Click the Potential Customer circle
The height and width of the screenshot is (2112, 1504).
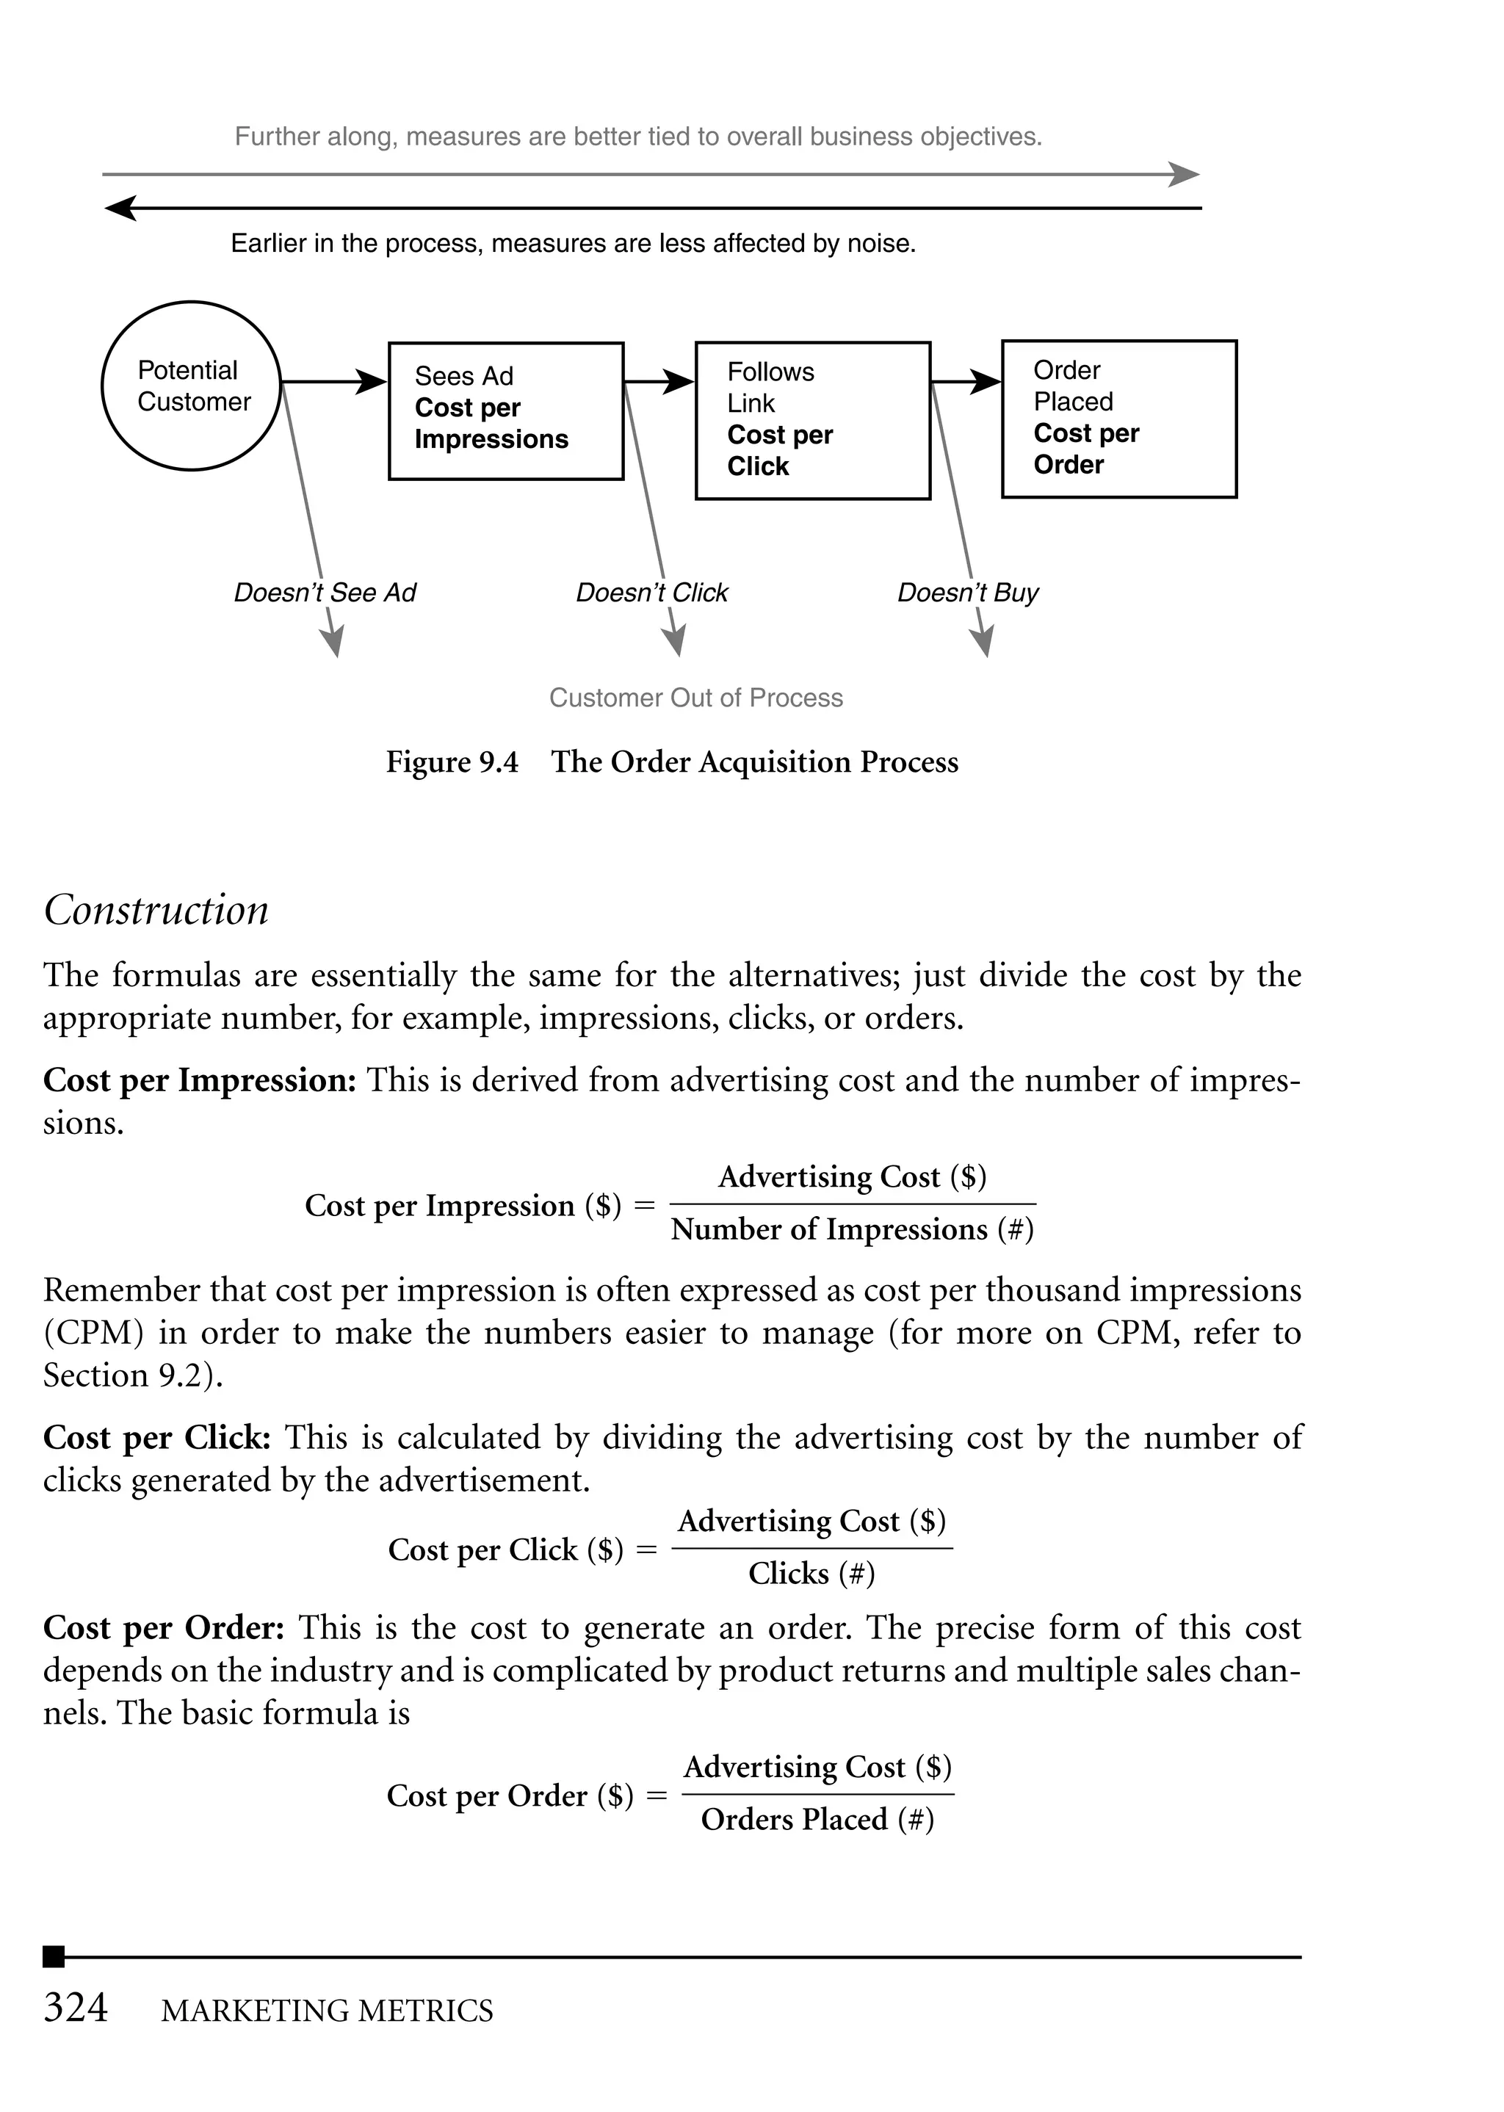(x=191, y=386)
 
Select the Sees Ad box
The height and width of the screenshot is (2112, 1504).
(x=506, y=411)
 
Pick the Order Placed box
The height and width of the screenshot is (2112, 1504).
(x=1118, y=419)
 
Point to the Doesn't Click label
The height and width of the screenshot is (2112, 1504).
(x=651, y=593)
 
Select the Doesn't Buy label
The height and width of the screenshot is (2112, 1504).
(x=967, y=593)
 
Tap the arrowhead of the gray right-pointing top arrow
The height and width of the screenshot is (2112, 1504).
(x=1185, y=174)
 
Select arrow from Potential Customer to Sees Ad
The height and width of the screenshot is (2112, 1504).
(x=333, y=381)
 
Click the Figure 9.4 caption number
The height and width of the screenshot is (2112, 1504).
(x=452, y=762)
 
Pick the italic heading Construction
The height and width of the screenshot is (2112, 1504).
(x=156, y=910)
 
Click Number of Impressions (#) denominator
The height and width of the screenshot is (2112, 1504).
(x=852, y=1229)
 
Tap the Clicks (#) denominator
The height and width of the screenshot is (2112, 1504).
(x=811, y=1574)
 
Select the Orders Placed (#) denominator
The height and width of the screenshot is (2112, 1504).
(x=817, y=1820)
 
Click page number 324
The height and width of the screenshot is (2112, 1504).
(x=76, y=2008)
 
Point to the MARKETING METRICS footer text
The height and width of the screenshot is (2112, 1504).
(x=327, y=2011)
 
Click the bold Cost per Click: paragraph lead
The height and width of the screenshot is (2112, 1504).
(x=156, y=1438)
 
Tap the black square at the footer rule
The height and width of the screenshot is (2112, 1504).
(x=54, y=1956)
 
